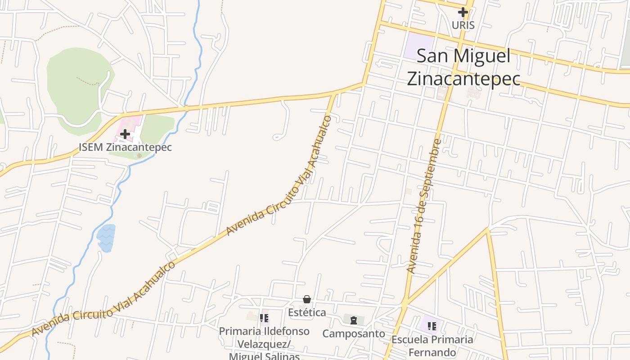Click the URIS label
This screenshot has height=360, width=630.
pos(463,25)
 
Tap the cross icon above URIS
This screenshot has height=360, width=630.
pos(463,12)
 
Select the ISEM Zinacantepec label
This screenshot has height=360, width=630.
pos(125,147)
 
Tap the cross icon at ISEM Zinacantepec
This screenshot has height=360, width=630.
pos(125,134)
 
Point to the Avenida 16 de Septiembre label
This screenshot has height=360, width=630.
pos(424,206)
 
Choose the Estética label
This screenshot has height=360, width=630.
pos(307,312)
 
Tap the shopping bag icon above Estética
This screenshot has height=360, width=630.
pos(307,299)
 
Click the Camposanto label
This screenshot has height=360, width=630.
pos(354,333)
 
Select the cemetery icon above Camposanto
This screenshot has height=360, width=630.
pos(354,320)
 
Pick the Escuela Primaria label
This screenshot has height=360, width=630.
pos(432,339)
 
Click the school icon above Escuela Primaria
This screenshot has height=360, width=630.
pos(432,326)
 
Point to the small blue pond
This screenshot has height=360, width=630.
pos(106,237)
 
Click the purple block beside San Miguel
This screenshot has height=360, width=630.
pos(418,45)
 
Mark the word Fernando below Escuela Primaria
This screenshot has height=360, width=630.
pos(432,352)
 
